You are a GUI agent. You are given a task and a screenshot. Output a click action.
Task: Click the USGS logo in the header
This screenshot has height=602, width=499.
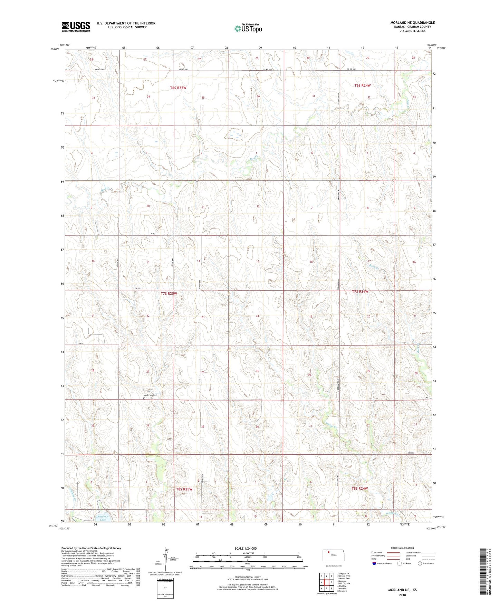[76, 27]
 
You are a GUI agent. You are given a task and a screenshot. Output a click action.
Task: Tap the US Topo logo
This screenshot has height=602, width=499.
[248, 28]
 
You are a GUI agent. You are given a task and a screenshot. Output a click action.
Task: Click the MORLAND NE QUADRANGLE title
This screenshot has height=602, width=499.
[412, 23]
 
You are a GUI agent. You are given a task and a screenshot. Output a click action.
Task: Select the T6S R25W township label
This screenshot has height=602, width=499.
[178, 88]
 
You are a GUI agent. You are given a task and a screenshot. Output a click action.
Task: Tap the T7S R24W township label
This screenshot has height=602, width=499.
[360, 291]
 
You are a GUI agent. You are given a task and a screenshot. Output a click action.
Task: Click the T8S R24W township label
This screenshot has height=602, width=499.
[359, 488]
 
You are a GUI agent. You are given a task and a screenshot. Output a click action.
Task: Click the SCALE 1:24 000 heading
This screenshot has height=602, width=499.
[246, 548]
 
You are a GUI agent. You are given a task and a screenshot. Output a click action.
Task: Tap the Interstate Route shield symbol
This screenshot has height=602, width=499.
[375, 563]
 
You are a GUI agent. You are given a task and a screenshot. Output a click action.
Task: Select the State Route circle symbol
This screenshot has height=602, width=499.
[420, 563]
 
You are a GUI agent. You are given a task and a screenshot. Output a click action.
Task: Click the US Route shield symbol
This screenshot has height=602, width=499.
[400, 563]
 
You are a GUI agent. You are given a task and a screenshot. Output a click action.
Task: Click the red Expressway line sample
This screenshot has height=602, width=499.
[388, 552]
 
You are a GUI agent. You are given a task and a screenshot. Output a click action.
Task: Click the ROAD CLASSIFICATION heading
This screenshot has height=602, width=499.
[402, 548]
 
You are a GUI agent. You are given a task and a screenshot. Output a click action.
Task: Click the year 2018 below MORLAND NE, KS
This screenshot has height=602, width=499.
[402, 595]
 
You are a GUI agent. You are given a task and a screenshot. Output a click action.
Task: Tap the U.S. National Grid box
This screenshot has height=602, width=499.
[165, 585]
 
